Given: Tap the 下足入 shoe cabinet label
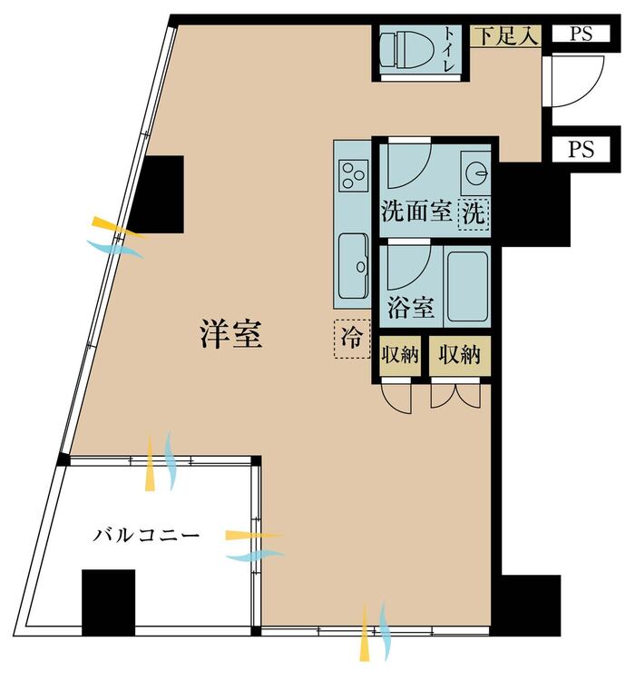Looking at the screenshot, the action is [505, 36].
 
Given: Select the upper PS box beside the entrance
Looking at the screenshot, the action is [581, 34].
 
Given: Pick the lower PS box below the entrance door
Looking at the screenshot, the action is [581, 149].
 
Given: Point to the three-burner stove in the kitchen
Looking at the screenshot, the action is [354, 173].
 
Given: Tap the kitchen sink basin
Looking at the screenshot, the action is [353, 266].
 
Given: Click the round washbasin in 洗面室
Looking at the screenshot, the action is [476, 173].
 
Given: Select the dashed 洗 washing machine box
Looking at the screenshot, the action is [474, 213].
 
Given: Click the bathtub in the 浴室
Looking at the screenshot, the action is [467, 285].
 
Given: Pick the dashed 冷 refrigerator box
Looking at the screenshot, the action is [352, 339].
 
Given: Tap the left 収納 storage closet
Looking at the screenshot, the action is [400, 356].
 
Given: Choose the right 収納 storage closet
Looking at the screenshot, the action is [460, 356].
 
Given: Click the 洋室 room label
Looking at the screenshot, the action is [231, 334].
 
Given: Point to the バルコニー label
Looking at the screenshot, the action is [146, 535].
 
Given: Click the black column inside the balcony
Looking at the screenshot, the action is [108, 602].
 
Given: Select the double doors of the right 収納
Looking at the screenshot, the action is [455, 394].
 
